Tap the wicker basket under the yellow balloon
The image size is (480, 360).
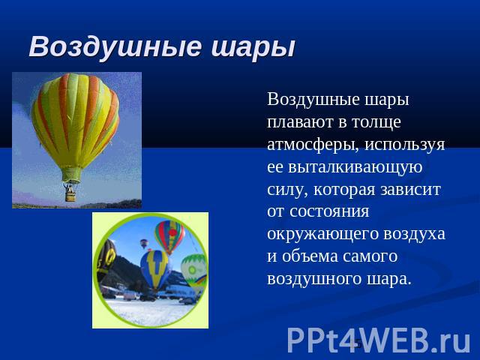70,195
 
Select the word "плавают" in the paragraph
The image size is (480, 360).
300,121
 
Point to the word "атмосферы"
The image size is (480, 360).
313,145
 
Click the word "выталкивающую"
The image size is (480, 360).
355,167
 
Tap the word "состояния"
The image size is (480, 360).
329,211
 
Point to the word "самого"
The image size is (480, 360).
370,256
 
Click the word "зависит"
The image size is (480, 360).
411,190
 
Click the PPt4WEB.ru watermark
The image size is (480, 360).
379,340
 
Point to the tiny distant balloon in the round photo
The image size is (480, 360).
144,243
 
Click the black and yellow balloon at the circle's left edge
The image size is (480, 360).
105,260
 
